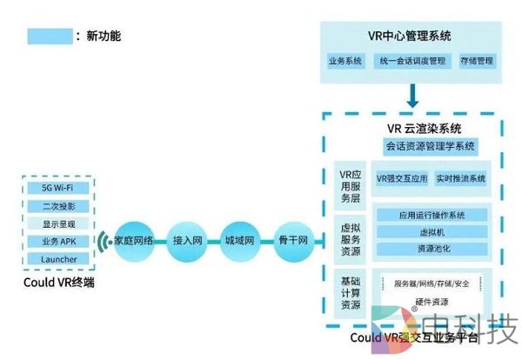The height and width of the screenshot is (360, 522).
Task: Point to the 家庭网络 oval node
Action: [x=134, y=239]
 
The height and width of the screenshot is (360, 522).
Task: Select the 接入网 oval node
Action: [x=188, y=239]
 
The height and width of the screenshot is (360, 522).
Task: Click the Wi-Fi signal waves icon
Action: [x=103, y=240]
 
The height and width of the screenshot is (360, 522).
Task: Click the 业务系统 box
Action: [x=345, y=62]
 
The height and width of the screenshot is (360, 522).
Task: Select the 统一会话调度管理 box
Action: [x=412, y=62]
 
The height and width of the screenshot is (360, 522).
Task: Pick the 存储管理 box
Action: [x=475, y=62]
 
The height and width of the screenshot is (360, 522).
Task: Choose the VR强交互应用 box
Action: [x=402, y=178]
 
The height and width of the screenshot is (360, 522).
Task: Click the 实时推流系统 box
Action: [x=461, y=178]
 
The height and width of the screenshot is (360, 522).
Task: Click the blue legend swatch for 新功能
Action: [x=50, y=37]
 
